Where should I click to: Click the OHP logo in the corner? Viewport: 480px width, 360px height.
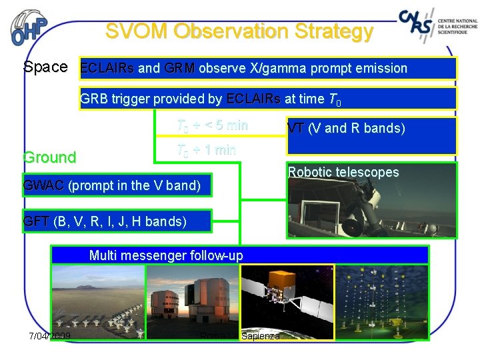click(30, 29)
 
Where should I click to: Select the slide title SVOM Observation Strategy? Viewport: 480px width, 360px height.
click(239, 31)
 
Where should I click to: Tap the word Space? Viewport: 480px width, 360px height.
click(45, 67)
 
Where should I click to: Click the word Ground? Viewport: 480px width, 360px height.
click(49, 158)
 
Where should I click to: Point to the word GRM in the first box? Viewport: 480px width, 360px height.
click(179, 68)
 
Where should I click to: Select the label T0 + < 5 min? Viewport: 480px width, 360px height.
click(212, 125)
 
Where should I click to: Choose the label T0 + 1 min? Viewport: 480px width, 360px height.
click(206, 149)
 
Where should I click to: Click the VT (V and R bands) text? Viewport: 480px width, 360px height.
click(346, 129)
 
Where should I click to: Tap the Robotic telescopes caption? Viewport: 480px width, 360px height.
click(343, 173)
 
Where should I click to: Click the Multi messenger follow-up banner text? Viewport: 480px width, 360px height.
click(166, 255)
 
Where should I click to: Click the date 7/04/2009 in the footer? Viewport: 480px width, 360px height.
click(50, 335)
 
